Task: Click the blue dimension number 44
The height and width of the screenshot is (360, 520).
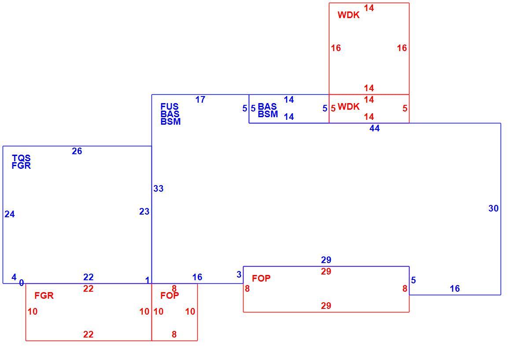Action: point(374,128)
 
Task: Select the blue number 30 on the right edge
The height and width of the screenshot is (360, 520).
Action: point(494,208)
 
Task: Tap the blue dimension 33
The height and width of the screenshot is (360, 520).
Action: point(159,189)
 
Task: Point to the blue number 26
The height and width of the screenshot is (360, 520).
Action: point(77,151)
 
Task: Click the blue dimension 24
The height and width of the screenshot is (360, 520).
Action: point(10,214)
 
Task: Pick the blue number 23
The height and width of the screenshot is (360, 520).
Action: point(144,212)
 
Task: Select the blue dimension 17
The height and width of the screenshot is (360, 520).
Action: point(200,100)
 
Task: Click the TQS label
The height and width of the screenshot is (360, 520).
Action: point(21,158)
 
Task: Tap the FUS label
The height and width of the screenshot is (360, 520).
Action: point(170,107)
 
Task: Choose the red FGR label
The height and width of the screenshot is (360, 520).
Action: point(44,296)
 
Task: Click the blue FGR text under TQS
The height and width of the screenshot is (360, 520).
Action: point(21,166)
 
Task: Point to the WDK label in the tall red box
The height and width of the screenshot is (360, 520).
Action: point(349,15)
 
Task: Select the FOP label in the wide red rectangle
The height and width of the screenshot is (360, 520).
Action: point(262,278)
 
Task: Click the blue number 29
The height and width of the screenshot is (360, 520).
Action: point(326,260)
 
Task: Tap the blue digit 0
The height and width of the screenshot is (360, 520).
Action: point(22,283)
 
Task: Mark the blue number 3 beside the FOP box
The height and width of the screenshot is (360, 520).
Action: point(239,275)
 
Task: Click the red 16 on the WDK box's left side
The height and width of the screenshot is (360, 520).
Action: point(336,48)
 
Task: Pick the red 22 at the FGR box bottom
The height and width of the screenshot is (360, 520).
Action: point(88,334)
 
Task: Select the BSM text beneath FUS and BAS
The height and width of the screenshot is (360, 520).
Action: point(171,122)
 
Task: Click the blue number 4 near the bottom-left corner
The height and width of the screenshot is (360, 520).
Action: point(14,277)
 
